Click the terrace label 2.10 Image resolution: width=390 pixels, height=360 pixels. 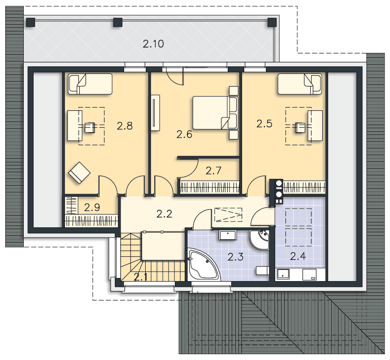[x=153, y=44]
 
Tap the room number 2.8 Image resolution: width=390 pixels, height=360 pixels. [x=125, y=126]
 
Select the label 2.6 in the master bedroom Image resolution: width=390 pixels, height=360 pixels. [x=184, y=134]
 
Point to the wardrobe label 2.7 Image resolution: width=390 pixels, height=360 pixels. [x=213, y=171]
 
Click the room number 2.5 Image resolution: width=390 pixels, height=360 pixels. [x=264, y=124]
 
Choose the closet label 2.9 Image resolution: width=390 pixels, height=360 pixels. [x=92, y=207]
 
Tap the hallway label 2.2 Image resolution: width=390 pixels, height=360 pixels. [x=165, y=214]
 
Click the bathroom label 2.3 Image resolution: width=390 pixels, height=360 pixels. [x=235, y=257]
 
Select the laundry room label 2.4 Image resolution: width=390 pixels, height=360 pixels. [x=298, y=256]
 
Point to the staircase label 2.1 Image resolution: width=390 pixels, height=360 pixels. [x=141, y=277]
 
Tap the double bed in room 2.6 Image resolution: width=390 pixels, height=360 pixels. [x=215, y=113]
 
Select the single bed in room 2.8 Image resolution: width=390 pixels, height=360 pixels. [x=90, y=84]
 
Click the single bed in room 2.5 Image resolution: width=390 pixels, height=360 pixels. [x=299, y=84]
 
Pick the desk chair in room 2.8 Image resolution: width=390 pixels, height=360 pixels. [x=90, y=127]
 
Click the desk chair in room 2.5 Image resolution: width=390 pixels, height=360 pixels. [x=300, y=127]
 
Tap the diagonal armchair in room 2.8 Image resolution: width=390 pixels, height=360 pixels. [x=79, y=173]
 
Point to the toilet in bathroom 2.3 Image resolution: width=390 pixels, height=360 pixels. [x=262, y=270]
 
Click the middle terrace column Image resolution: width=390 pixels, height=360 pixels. [x=118, y=22]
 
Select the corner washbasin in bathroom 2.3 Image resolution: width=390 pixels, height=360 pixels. [x=260, y=239]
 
